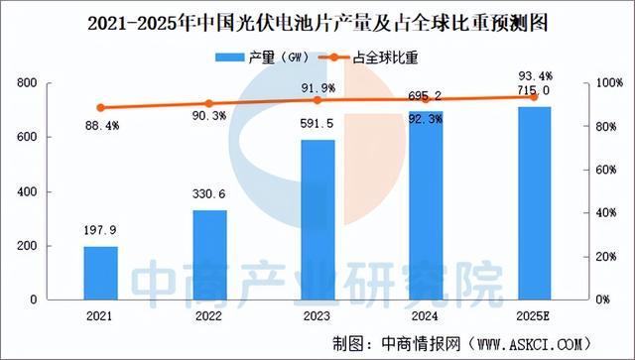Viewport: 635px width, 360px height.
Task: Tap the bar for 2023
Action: click(x=317, y=219)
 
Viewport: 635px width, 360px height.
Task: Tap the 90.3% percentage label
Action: click(x=209, y=120)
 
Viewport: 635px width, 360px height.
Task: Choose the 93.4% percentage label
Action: click(x=534, y=73)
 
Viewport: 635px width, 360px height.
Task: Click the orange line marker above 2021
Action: click(x=100, y=107)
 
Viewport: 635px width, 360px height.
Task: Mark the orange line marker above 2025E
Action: click(x=534, y=96)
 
